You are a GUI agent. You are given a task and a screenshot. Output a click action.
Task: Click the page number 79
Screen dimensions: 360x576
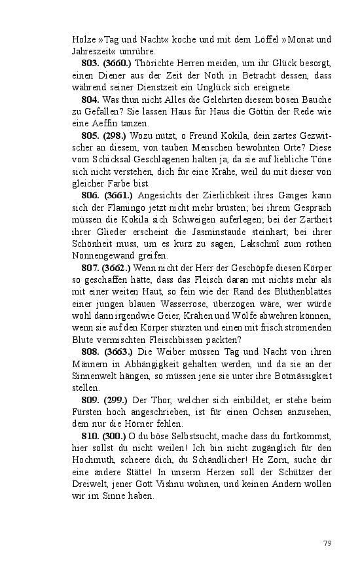[328, 543]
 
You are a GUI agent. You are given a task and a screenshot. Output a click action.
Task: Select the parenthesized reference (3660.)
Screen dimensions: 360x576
[118, 63]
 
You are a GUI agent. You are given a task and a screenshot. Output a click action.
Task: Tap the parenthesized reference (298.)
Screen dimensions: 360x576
[115, 135]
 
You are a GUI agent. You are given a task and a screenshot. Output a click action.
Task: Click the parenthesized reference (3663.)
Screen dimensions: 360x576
[118, 352]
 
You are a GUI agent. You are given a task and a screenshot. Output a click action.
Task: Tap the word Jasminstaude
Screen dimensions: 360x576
[211, 232]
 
